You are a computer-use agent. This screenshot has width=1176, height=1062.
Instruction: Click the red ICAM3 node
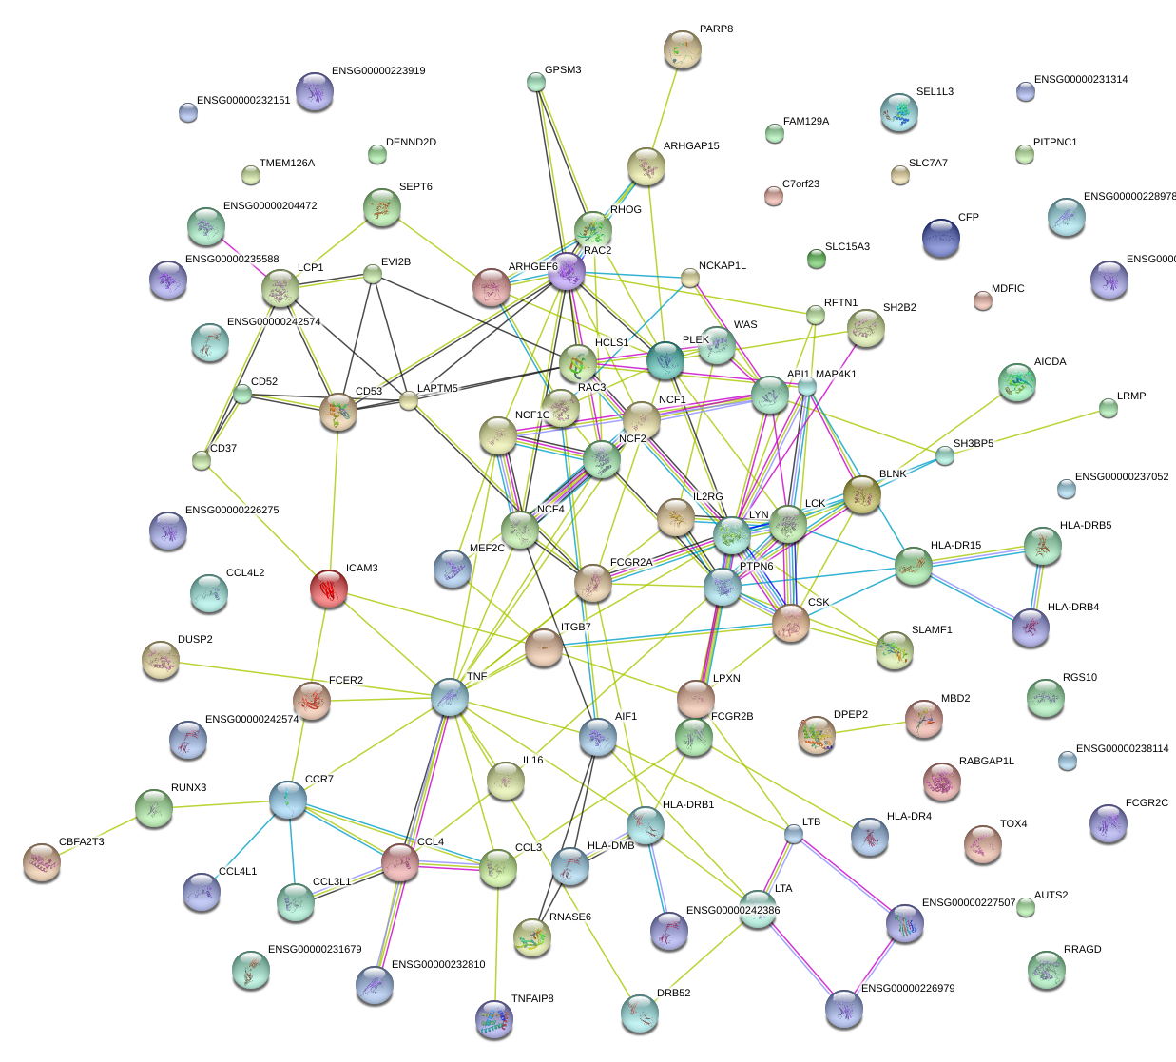coord(328,589)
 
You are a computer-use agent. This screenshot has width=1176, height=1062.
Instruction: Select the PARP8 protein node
coord(682,50)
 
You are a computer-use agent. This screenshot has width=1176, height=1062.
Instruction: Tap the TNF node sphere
coord(449,697)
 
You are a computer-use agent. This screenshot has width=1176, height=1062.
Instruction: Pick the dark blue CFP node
coord(940,238)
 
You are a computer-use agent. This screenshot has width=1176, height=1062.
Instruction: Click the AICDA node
coord(1017,382)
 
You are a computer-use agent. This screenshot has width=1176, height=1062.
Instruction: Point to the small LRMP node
coord(1108,409)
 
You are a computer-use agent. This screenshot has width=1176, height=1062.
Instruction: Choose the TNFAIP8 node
coord(493,1019)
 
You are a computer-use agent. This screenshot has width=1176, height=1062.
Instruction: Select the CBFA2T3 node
coord(41,861)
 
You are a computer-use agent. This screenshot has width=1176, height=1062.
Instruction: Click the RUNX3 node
coord(153,808)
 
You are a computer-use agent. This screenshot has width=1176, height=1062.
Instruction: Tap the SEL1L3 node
coord(898,112)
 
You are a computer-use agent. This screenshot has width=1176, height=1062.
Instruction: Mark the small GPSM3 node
coord(536,83)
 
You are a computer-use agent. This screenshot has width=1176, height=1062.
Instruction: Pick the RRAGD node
coord(1046,969)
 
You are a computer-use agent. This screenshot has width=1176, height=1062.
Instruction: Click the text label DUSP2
coord(195,639)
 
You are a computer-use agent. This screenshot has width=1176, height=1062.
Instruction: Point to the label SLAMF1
coord(931,629)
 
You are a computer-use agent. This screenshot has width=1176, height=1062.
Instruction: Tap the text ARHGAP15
coord(690,146)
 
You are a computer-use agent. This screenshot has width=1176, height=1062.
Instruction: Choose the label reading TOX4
coord(1012,823)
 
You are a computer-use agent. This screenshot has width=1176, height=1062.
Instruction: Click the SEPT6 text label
coord(415,186)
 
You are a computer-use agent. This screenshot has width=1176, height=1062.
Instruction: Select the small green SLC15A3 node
coord(816,258)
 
